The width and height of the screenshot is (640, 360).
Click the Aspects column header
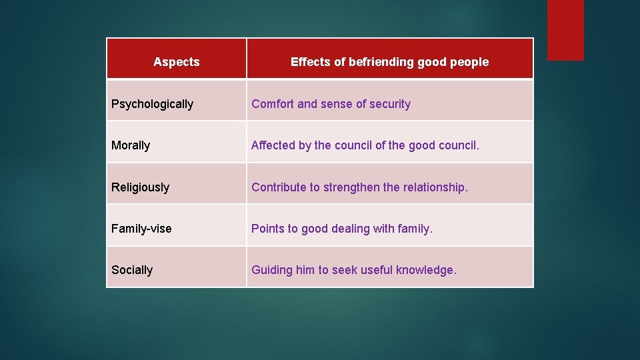(176, 62)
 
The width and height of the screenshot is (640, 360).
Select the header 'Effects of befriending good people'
(389, 62)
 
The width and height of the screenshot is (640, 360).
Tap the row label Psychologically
(152, 104)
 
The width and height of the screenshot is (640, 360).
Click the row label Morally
(131, 145)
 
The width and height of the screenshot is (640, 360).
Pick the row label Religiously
(140, 187)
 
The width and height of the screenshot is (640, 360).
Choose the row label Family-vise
(141, 229)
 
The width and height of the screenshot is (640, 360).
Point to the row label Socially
(132, 270)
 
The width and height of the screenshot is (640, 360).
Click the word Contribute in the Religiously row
(279, 187)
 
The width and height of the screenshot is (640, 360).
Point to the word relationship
(433, 187)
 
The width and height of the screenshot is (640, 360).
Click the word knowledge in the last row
(426, 270)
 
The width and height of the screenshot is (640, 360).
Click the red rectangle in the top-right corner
(565, 30)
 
